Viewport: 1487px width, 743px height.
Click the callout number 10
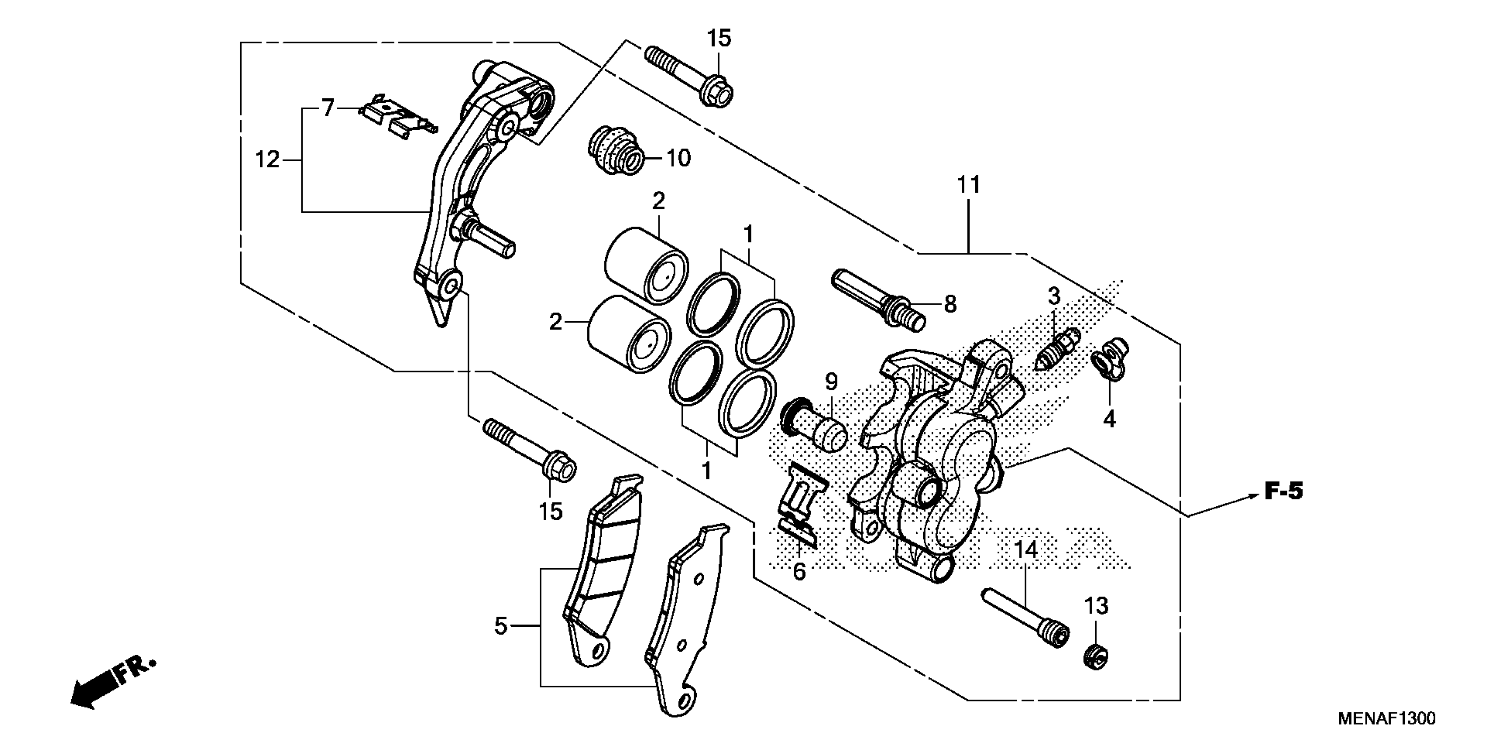[678, 157]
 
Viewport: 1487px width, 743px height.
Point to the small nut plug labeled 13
[1095, 656]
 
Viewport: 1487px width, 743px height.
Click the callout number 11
[969, 185]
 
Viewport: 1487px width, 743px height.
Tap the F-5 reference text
[1284, 492]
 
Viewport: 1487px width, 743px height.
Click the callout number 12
[267, 159]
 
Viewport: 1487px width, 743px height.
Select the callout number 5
[500, 625]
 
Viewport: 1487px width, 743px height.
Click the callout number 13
[1096, 606]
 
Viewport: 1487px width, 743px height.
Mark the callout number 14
[1025, 550]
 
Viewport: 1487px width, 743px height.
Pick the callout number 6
[799, 572]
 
